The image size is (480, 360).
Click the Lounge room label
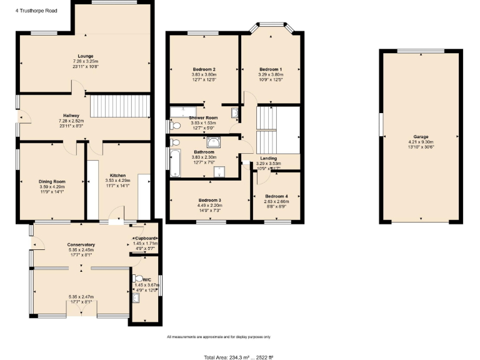coord(86,56)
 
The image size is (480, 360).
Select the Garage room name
coord(421,136)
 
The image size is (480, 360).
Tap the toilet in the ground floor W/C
coord(138,279)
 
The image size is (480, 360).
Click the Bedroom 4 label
coord(276,196)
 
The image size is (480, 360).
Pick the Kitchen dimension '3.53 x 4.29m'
coord(119,181)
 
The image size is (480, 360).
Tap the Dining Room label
coord(52,181)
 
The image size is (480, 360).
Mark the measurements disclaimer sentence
coord(219,337)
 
